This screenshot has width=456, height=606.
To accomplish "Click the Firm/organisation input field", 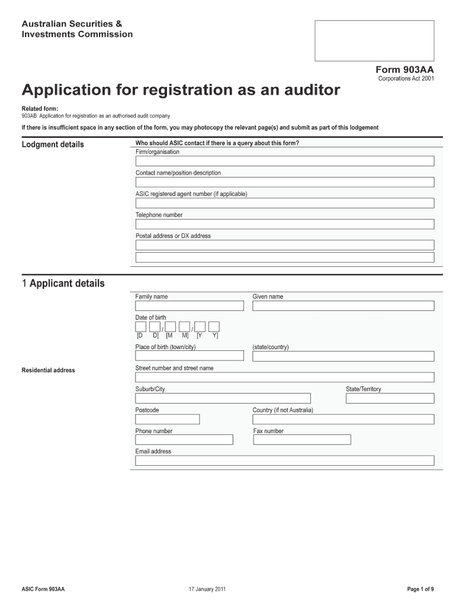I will [x=284, y=161].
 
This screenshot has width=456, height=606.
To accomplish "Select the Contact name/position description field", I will [x=284, y=182].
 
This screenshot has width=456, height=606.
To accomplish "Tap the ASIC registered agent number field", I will [x=284, y=203].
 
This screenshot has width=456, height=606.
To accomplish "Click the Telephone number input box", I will [x=284, y=224].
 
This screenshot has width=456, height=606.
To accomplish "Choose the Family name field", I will [x=190, y=306].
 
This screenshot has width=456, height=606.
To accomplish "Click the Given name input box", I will [x=343, y=306].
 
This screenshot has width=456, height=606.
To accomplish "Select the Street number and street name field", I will [x=284, y=378].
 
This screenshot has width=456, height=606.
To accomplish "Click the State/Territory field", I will [x=390, y=398].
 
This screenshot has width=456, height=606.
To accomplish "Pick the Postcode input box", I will [x=168, y=419].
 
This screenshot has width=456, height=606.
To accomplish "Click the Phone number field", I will [x=184, y=440].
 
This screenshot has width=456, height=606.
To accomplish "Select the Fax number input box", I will [x=301, y=440].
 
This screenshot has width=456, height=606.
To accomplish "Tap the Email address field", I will [x=284, y=460].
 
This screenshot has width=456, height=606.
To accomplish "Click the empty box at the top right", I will [x=374, y=41].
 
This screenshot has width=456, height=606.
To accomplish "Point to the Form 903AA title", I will [x=405, y=69].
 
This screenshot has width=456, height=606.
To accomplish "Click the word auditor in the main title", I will [x=307, y=91].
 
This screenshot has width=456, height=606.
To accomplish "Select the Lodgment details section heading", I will [x=53, y=144].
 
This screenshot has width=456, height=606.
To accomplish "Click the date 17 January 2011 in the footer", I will [x=206, y=589].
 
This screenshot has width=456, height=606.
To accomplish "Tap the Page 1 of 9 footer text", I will [x=420, y=589].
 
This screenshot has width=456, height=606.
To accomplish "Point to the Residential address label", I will [x=49, y=370].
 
